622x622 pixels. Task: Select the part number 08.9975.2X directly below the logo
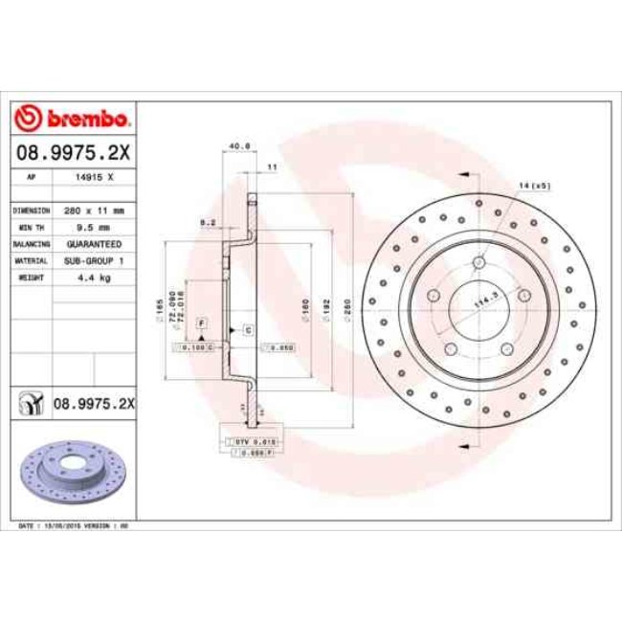[74, 151]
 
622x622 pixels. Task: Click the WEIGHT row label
[31, 278]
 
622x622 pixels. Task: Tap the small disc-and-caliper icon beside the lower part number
[32, 404]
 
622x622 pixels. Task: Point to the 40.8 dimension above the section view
[240, 146]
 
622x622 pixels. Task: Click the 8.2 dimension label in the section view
[205, 221]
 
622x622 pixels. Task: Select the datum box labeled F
[202, 324]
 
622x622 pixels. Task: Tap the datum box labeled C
[247, 329]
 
